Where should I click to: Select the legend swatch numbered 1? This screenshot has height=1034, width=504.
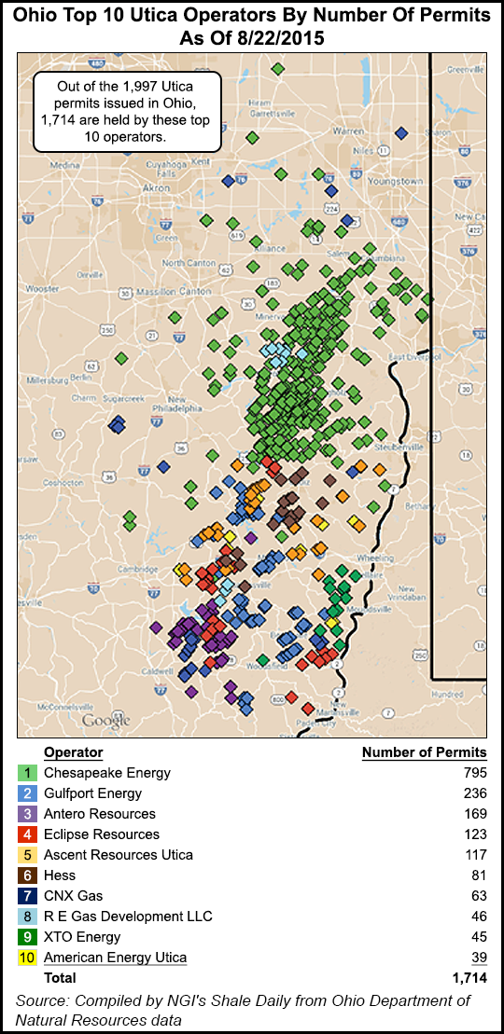27,773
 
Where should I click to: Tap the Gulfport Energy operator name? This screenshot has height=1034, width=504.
92,793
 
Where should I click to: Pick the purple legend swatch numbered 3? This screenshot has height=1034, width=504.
27,814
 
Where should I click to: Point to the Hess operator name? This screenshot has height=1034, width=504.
60,875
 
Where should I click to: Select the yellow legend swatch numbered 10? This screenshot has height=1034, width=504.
27,958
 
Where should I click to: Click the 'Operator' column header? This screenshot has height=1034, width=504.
73,752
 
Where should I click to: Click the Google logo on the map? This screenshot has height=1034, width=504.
105,720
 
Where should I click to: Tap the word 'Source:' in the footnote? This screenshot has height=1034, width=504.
44,1000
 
